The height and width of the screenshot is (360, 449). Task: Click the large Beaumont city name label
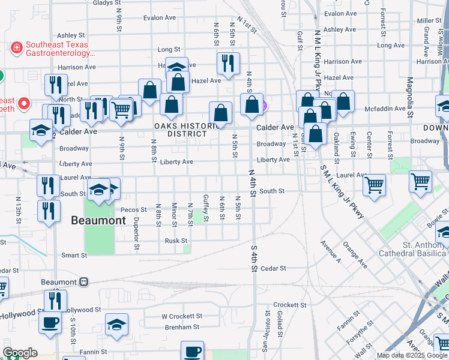pyautogui.click(x=98, y=220)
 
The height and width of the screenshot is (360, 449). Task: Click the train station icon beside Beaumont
pyautogui.click(x=83, y=282)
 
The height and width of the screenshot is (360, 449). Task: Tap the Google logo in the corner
pyautogui.click(x=20, y=353)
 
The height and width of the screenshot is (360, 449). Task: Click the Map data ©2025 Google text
pyautogui.click(x=412, y=355)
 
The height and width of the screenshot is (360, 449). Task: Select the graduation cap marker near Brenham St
pyautogui.click(x=116, y=325)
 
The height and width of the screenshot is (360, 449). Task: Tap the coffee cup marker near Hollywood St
pyautogui.click(x=50, y=322)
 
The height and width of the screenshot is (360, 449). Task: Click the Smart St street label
pyautogui.click(x=74, y=255)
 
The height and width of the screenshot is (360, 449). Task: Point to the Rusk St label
pyautogui.click(x=176, y=241)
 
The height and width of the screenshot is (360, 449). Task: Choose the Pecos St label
pyautogui.click(x=133, y=210)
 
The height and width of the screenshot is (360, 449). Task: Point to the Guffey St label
pyautogui.click(x=206, y=208)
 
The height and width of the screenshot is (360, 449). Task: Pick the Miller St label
pyautogui.click(x=429, y=20)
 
